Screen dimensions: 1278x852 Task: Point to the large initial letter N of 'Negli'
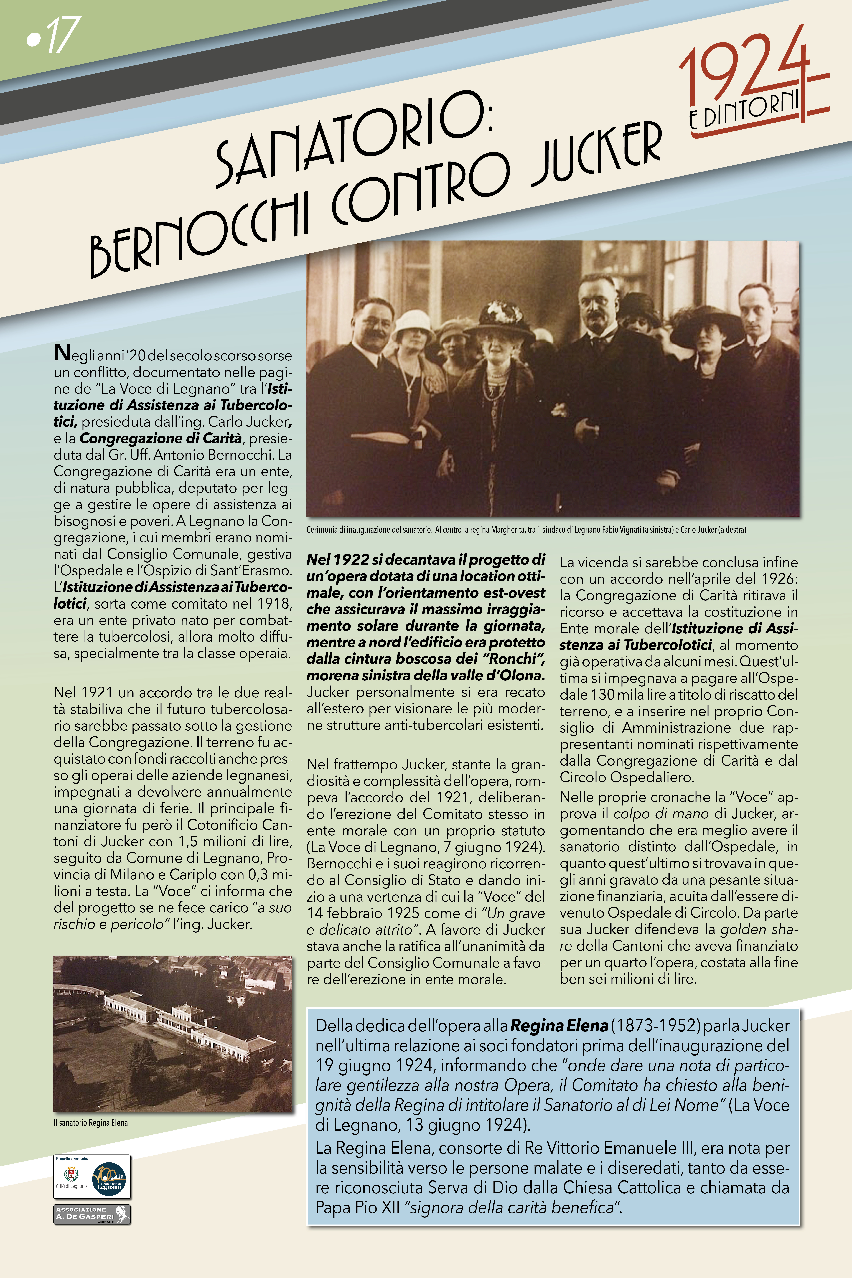click(x=62, y=353)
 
